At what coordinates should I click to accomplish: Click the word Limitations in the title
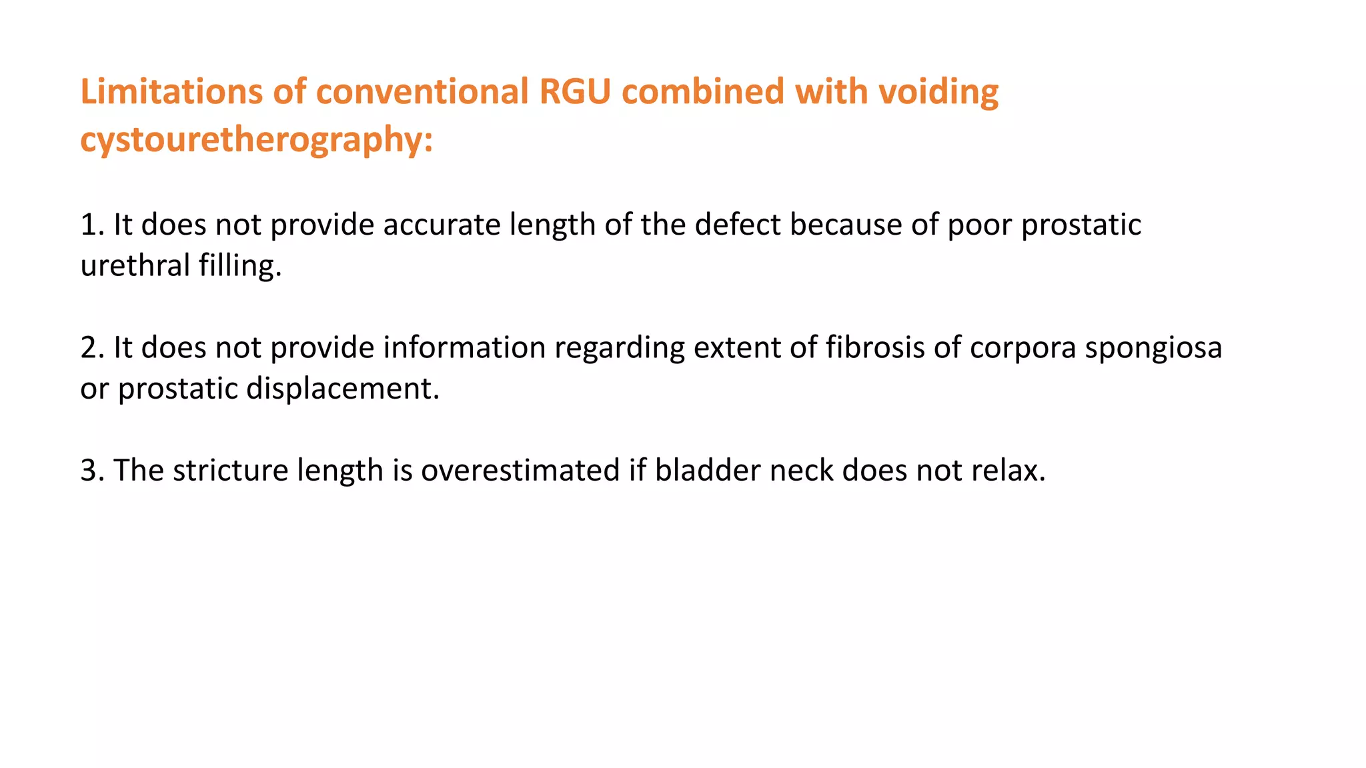pyautogui.click(x=171, y=91)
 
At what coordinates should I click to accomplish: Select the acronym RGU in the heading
pyautogui.click(x=575, y=91)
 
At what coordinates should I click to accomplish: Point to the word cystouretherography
pyautogui.click(x=256, y=140)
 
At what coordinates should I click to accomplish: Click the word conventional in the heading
pyautogui.click(x=422, y=91)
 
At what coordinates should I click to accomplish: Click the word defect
pyautogui.click(x=738, y=225)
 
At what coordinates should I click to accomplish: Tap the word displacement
pyautogui.click(x=343, y=388)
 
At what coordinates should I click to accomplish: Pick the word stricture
pyautogui.click(x=231, y=471)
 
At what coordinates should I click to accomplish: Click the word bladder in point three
pyautogui.click(x=708, y=471)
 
